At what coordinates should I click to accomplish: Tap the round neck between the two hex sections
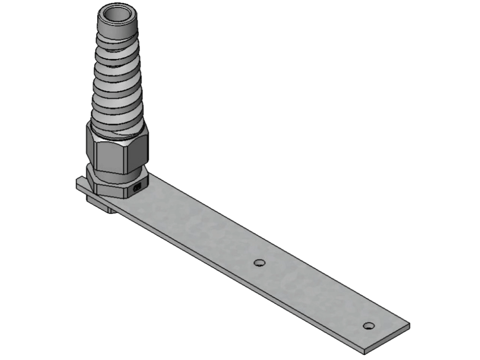coord(116,171)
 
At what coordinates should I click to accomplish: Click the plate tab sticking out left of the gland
coord(80,184)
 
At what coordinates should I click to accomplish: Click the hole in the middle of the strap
coord(258,262)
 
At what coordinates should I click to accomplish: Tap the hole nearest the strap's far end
coord(369,325)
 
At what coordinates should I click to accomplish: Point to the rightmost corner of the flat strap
coord(409,326)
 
